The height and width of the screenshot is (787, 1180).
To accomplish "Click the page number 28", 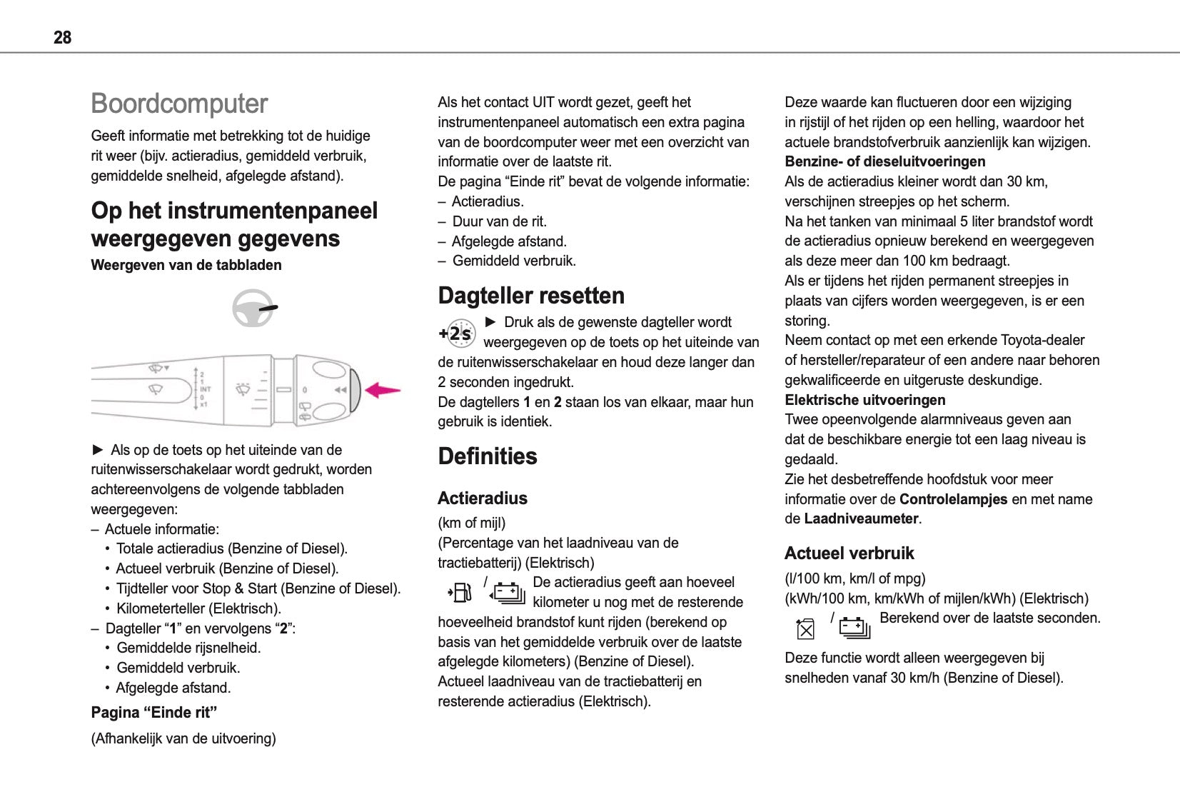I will [62, 37].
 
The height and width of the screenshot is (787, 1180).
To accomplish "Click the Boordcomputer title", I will [179, 104].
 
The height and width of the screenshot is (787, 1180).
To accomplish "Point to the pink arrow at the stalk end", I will [382, 390].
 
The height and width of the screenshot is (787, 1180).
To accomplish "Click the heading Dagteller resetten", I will [531, 296].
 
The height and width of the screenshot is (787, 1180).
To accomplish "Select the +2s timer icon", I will [457, 334].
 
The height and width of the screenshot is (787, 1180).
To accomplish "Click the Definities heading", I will [488, 456].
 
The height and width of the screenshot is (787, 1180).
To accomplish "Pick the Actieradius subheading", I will [483, 498].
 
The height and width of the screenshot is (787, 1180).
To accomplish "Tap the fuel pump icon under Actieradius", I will [460, 592].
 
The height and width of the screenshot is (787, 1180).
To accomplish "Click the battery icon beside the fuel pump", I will [508, 593].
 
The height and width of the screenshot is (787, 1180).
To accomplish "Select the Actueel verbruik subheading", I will [849, 553].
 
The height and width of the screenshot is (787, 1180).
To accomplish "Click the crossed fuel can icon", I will [805, 628].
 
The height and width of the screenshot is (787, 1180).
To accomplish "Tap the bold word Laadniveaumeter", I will [861, 519].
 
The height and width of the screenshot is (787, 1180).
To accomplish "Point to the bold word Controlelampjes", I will [953, 499].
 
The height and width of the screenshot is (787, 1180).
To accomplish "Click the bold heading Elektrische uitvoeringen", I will [864, 400].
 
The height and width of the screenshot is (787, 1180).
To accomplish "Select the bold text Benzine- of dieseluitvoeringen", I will [884, 161].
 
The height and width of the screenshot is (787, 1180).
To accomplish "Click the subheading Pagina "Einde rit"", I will [154, 713].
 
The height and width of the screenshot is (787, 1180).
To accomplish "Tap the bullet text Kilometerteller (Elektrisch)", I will [198, 608].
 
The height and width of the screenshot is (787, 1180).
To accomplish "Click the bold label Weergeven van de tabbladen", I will [186, 265].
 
